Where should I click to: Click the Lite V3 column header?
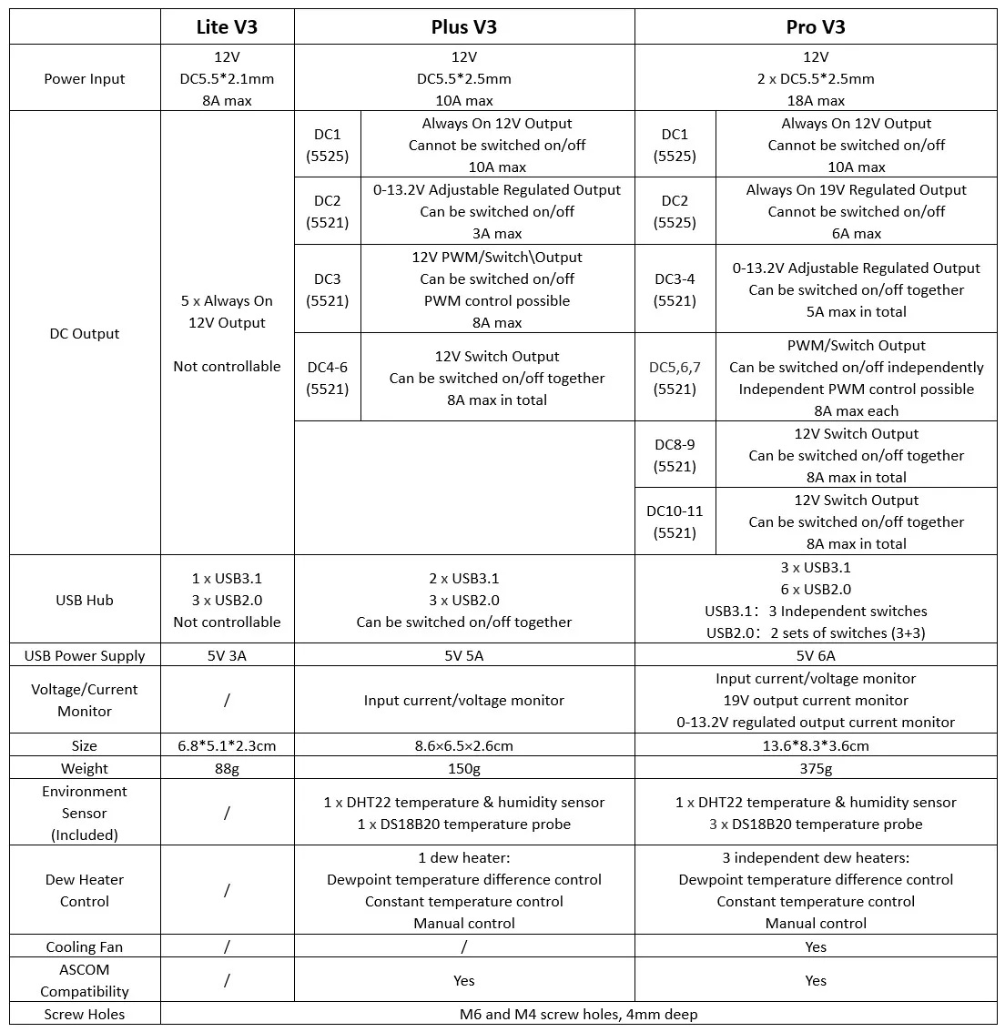coord(227,26)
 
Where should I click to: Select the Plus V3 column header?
coord(464,26)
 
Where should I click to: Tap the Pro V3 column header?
coord(816,26)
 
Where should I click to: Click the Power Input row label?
coord(85,78)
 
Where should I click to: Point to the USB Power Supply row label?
coord(85,655)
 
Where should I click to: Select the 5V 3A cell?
coord(227,655)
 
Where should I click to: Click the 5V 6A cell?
coord(816,655)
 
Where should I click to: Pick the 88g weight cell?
coord(227,769)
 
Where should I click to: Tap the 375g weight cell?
coord(816,769)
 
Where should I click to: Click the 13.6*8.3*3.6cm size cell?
coord(816,745)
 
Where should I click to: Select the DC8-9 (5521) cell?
coord(675,455)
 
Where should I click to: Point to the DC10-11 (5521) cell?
coord(675,521)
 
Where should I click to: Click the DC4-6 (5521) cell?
coord(328,378)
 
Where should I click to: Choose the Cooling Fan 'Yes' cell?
coord(816,946)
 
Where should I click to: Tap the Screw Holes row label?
coord(85,1014)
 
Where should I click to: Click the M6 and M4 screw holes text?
coord(579,1014)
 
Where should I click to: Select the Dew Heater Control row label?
coord(85,890)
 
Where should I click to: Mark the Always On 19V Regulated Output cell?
coord(856,211)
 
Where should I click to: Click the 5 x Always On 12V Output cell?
coord(227,312)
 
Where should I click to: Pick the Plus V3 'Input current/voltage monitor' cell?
coord(464,700)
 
